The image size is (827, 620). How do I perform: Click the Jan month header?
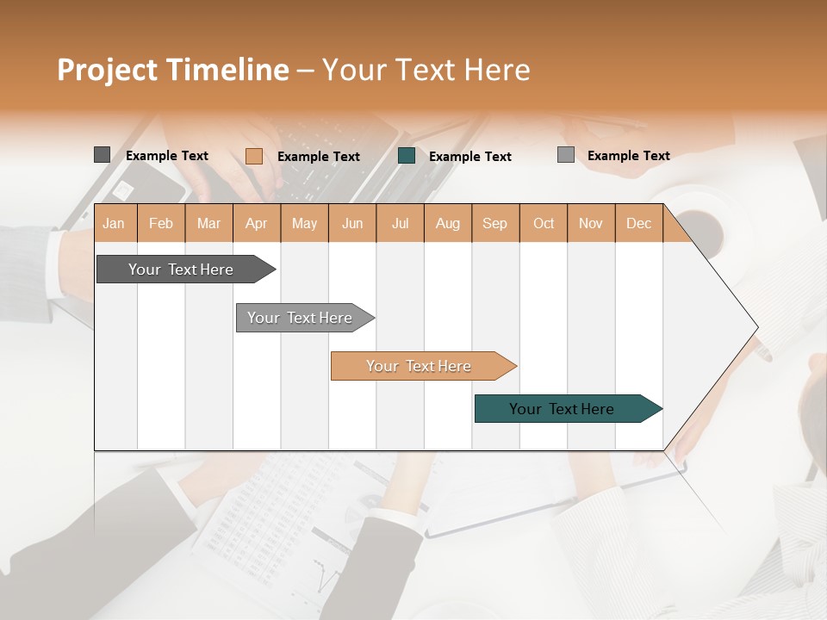(115, 223)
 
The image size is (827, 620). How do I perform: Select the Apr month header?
(257, 223)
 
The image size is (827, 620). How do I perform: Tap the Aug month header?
(448, 223)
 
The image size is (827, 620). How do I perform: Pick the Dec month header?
(638, 223)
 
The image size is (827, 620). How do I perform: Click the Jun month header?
(352, 223)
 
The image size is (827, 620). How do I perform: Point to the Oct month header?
(544, 223)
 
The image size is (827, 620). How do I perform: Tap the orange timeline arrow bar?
(420, 366)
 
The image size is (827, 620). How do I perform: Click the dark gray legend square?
(102, 155)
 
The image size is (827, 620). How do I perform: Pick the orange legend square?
(253, 156)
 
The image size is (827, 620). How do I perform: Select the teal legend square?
(407, 156)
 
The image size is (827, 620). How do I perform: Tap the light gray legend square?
(565, 155)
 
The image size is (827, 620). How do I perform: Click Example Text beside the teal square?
(469, 157)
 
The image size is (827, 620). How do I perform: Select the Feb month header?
(161, 223)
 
